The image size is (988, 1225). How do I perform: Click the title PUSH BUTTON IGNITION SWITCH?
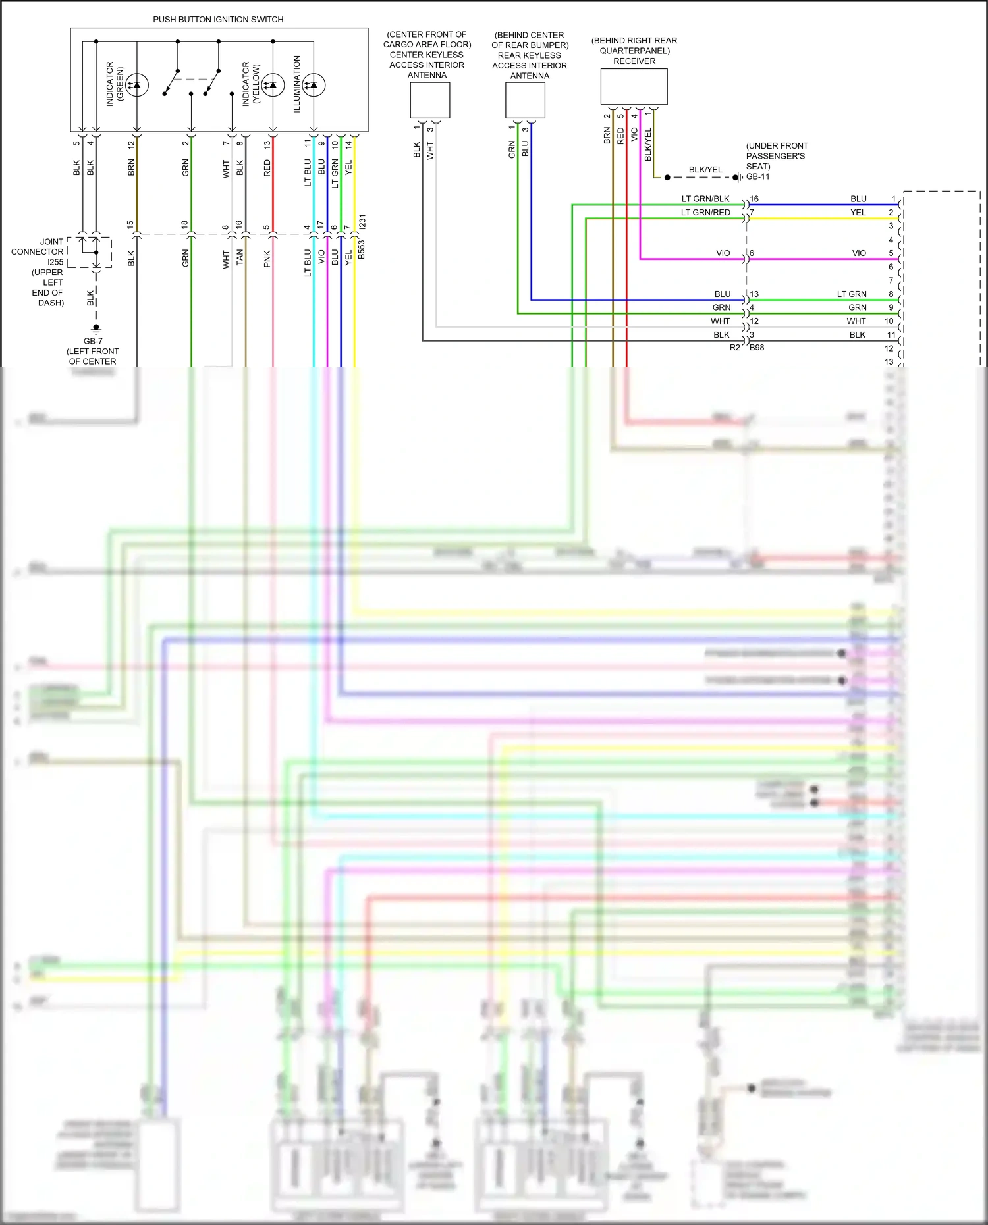click(x=218, y=20)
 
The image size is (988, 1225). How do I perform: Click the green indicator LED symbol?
click(x=136, y=85)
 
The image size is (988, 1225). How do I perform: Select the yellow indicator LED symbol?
click(x=272, y=85)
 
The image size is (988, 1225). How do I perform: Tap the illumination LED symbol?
click(x=314, y=85)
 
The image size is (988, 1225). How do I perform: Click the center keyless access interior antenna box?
click(x=429, y=101)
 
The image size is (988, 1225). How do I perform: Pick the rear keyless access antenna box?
click(x=525, y=101)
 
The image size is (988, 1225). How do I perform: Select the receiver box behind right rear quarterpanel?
click(x=634, y=87)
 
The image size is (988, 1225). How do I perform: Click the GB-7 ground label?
click(x=93, y=341)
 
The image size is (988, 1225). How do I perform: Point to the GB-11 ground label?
click(x=757, y=176)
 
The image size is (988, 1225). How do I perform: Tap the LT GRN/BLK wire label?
click(x=705, y=199)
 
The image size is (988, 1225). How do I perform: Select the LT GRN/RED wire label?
click(x=705, y=213)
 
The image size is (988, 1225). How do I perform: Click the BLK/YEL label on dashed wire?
click(x=705, y=170)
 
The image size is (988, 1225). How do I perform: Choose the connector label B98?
click(x=757, y=348)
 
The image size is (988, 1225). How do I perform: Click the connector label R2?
click(x=734, y=348)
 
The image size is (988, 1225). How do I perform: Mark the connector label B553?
click(x=361, y=249)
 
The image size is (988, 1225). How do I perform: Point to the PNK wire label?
click(x=267, y=259)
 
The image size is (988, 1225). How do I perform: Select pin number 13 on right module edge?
click(x=889, y=362)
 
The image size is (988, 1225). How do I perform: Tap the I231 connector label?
click(x=362, y=222)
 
